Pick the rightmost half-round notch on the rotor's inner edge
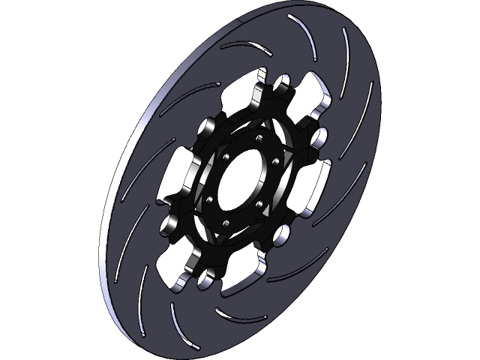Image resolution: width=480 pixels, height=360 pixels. (x=320, y=137)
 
